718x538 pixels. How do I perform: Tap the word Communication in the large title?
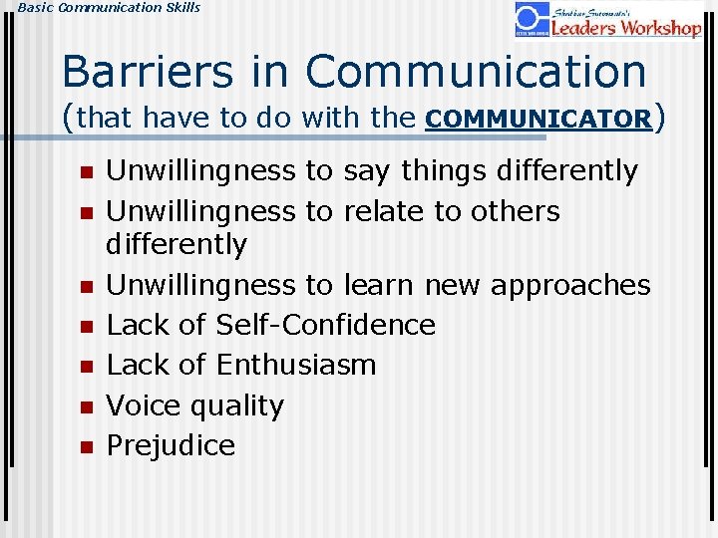tap(476, 72)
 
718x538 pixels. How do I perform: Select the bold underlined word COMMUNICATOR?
tap(538, 119)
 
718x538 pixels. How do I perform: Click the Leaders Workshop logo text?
tap(626, 26)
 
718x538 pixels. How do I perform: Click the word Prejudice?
tap(171, 445)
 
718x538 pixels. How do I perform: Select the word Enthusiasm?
tap(296, 366)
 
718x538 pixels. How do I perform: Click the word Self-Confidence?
tap(326, 325)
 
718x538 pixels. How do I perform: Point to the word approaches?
tap(538, 286)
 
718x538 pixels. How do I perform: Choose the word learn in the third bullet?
tap(378, 285)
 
